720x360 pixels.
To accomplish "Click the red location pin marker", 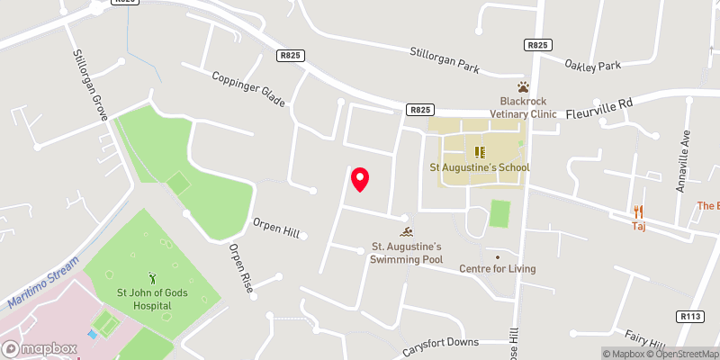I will [360, 179].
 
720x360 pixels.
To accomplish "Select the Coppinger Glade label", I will [247, 90].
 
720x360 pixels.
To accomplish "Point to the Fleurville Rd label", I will [599, 110].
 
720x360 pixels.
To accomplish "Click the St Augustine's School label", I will [480, 167].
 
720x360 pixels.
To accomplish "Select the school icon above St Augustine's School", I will [480, 152].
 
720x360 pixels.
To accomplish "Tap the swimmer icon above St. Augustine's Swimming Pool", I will [405, 233].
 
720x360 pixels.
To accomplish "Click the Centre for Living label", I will [497, 268].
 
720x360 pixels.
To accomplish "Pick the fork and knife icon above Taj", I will [639, 212].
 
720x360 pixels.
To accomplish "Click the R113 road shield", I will [688, 316].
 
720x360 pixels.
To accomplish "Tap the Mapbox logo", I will [38, 348].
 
